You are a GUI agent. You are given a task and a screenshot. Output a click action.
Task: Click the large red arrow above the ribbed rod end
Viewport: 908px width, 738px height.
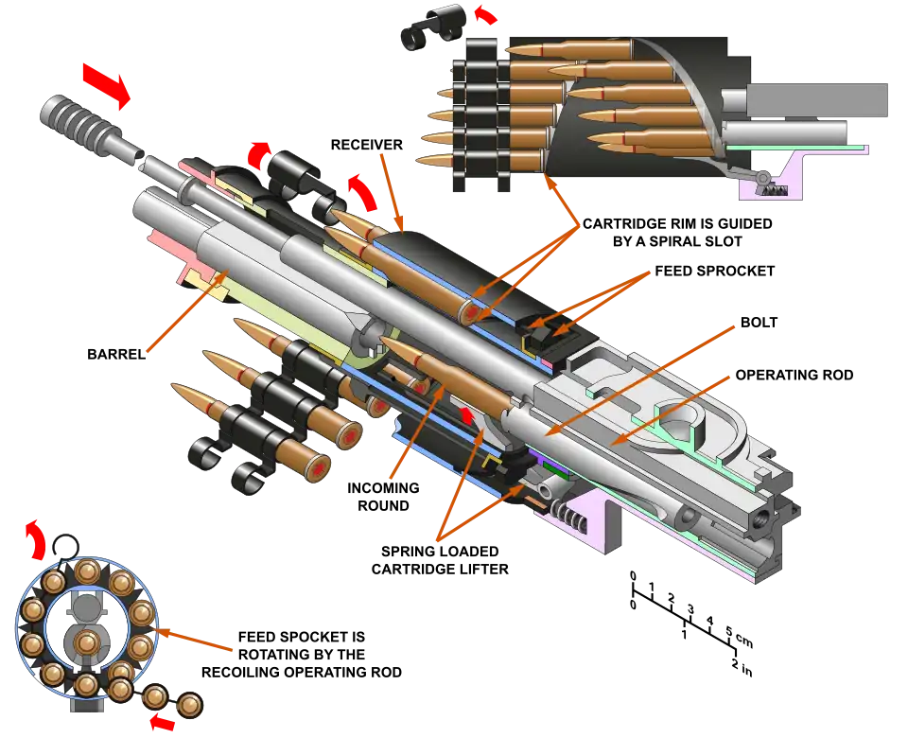[x=106, y=83]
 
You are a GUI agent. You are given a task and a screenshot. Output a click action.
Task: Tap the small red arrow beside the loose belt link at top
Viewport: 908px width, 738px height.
[x=484, y=14]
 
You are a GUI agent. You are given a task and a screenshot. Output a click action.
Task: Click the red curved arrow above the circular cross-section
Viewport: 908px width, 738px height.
[x=35, y=538]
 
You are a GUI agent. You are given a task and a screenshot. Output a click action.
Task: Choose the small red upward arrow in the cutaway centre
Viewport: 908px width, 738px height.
[x=466, y=415]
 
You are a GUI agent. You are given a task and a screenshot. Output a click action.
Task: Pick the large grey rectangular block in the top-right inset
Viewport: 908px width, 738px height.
[x=817, y=101]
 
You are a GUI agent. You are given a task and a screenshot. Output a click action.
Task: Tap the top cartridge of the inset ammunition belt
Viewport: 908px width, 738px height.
[x=558, y=46]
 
